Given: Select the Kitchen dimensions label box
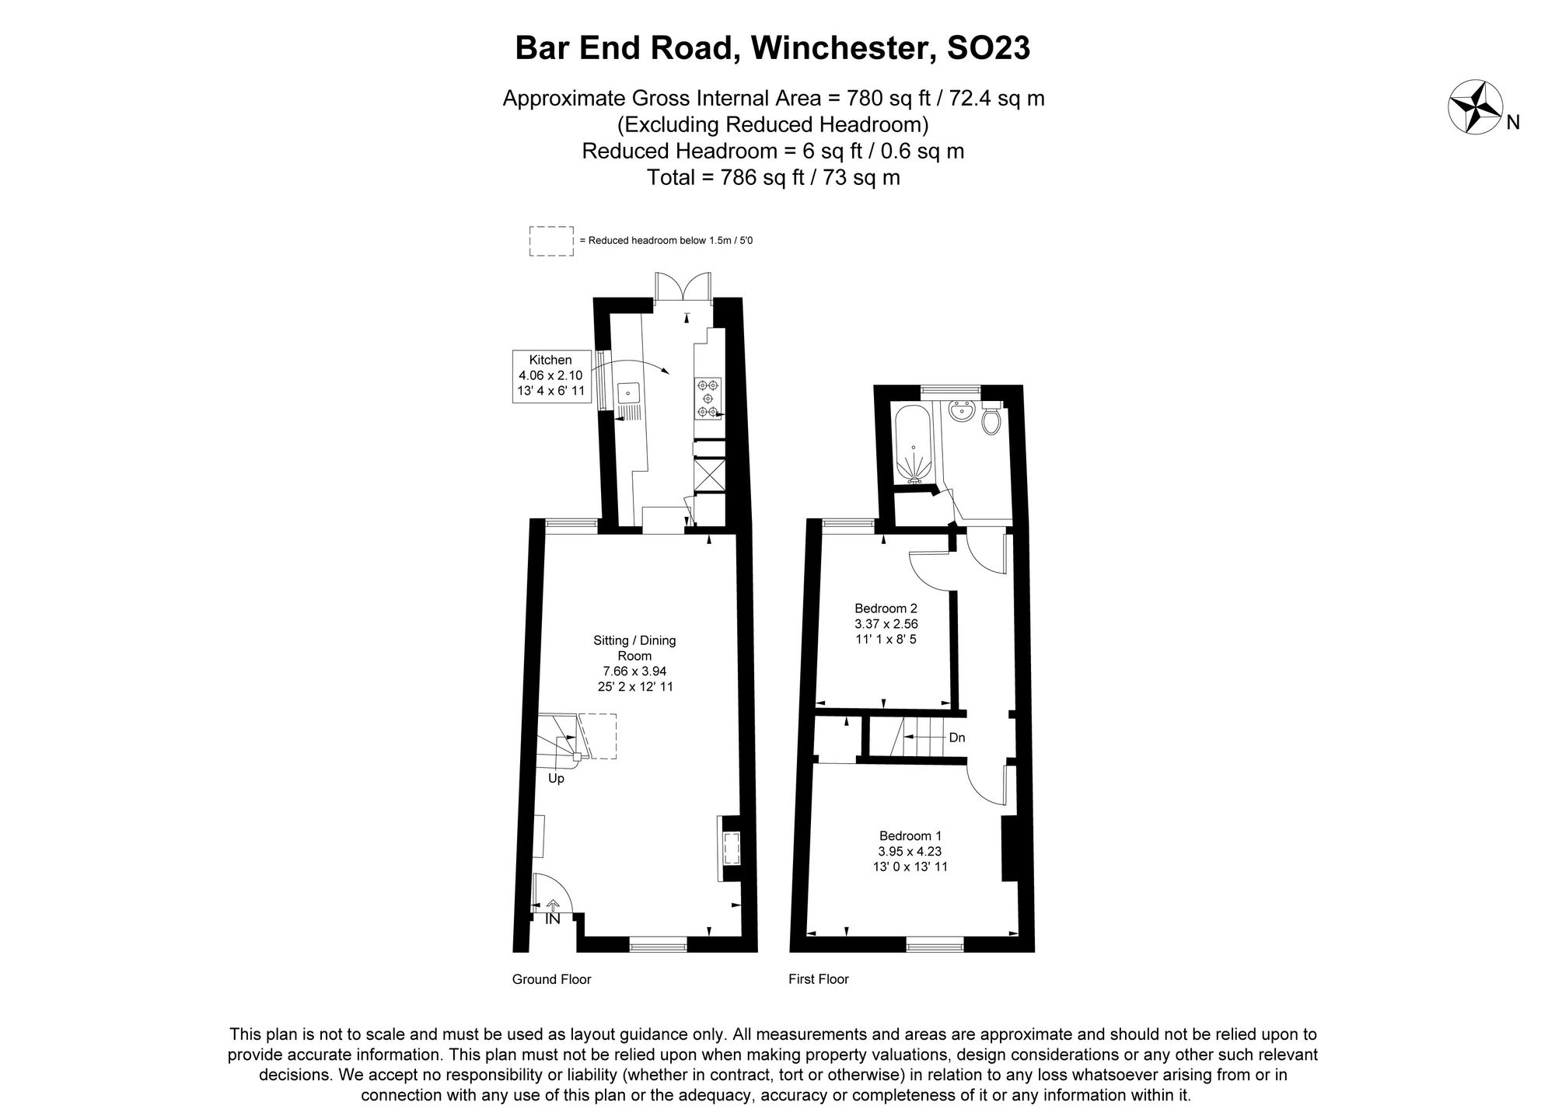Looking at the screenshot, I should pos(550,375).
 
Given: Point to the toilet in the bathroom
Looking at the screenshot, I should pos(991,420).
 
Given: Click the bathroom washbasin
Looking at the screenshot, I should pos(962,412).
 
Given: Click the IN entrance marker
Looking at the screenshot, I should pos(553,919).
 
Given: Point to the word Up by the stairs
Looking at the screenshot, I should pos(556,778).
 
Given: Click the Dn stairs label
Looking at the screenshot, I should pos(957,738).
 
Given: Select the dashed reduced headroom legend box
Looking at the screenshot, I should pos(551,241).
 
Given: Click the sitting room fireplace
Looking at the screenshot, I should pos(731,849).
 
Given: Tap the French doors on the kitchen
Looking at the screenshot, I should pos(683,287).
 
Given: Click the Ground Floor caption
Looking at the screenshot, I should pos(551,979).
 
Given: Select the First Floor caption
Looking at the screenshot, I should pos(818,979).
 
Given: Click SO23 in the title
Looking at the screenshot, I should pos(988,48).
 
